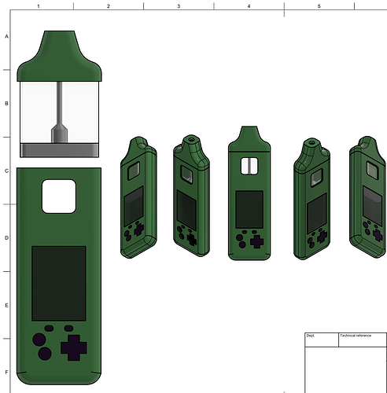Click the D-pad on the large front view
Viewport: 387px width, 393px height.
[75, 347]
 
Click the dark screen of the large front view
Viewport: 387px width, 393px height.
[58, 281]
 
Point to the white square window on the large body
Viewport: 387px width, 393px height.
[58, 196]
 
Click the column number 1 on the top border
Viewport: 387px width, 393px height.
[39, 6]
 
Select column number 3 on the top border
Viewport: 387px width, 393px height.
[179, 6]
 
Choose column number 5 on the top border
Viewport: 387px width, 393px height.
[319, 6]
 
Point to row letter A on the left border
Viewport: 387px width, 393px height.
[6, 36]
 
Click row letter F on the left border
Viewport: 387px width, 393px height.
[6, 372]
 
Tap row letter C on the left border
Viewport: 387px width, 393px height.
[6, 171]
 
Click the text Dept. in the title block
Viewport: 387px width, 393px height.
[311, 336]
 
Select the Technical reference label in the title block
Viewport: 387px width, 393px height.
[356, 336]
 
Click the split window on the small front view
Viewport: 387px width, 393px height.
[249, 166]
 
